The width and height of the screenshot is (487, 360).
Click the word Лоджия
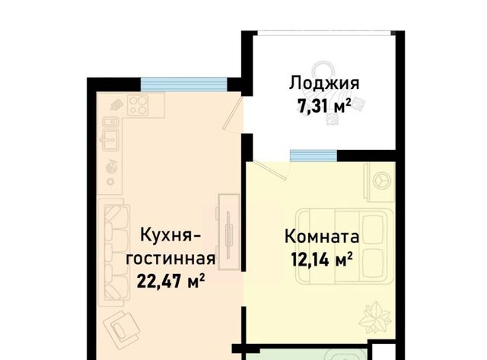(324, 84)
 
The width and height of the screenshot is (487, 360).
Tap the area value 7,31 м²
(324, 106)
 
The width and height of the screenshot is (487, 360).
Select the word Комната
(322, 237)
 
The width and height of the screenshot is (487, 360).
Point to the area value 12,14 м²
(322, 259)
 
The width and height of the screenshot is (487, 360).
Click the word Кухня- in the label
(170, 234)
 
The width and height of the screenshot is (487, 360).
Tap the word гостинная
(170, 259)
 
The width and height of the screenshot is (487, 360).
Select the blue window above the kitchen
(184, 84)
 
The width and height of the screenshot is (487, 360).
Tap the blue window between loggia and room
(314, 155)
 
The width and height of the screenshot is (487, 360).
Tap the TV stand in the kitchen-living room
(229, 232)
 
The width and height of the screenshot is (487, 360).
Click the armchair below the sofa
(122, 328)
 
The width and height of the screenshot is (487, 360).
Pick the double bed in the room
(345, 246)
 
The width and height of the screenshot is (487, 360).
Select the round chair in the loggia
(323, 72)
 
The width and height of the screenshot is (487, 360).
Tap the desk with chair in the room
(380, 181)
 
